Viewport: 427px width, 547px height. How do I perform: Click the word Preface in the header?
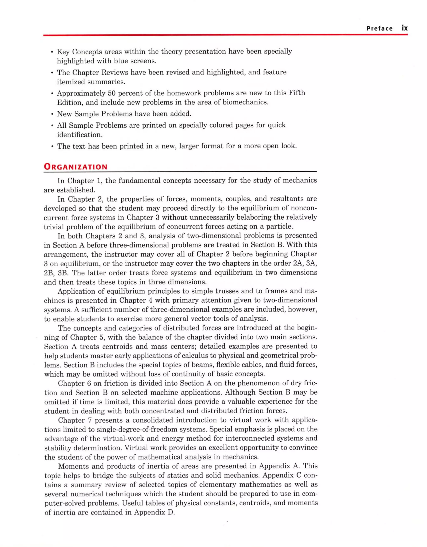tap(379, 29)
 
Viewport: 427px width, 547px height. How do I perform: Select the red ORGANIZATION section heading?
tap(76, 167)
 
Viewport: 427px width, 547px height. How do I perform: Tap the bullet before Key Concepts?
tap(52, 52)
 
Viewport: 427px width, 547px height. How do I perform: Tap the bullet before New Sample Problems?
tap(52, 114)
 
